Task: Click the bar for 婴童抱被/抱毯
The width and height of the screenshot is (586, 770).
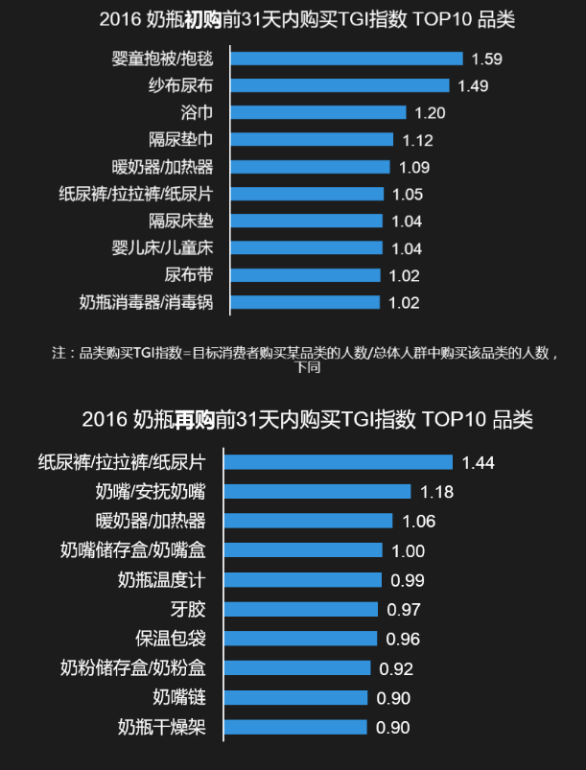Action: pos(347,58)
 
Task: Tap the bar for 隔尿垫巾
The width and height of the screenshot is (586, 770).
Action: pos(313,140)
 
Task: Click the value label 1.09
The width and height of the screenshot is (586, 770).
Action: pos(414,167)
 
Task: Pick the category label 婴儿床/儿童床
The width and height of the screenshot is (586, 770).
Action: pos(162,248)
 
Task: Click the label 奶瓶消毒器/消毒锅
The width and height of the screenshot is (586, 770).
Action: pos(146,302)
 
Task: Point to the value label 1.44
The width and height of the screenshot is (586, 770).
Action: pos(478,462)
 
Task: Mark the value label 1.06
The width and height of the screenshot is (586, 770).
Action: pos(420,522)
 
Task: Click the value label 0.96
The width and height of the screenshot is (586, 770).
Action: pos(403,639)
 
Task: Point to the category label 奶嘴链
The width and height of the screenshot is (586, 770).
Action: pos(178,697)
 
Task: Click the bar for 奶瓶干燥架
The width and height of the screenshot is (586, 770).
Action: pos(295,727)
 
